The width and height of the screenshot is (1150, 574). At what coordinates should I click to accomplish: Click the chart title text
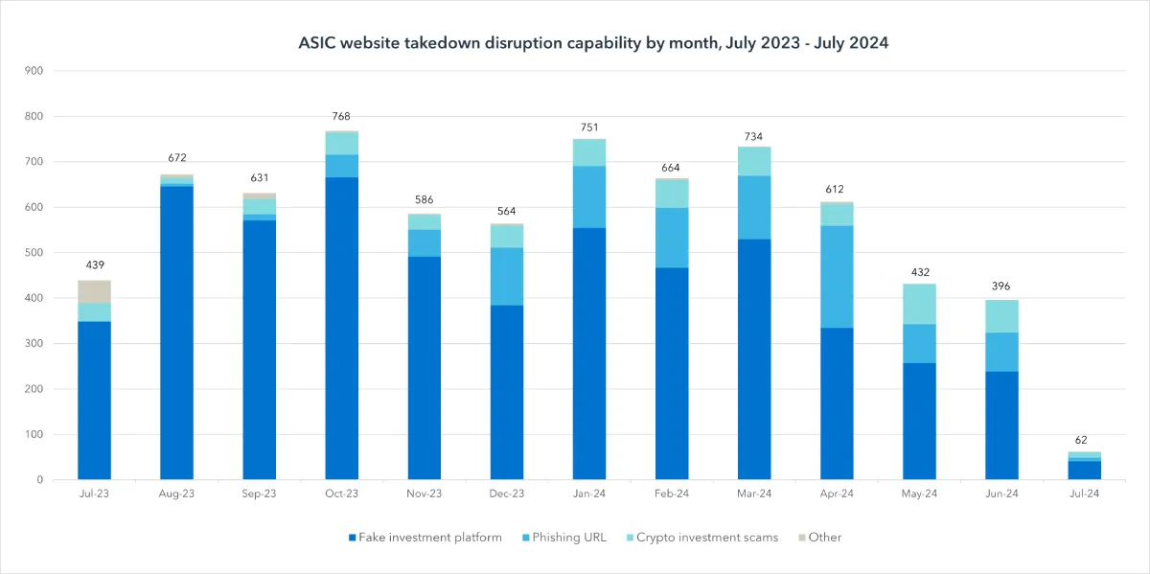tap(593, 42)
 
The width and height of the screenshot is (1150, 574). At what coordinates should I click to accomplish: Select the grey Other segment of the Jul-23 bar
tap(95, 291)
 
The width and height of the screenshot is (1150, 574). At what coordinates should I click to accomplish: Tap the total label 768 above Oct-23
tap(341, 116)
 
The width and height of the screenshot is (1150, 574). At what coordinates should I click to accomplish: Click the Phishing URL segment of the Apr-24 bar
tap(837, 277)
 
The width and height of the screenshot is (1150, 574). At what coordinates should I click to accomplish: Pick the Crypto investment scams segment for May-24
tap(919, 304)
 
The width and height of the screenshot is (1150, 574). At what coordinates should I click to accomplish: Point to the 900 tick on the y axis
tap(34, 71)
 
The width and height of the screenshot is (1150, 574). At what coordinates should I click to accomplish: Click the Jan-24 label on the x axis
tap(589, 494)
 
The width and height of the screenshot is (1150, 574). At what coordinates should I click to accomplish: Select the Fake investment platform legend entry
tap(425, 537)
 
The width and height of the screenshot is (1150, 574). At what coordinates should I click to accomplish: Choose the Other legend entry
tap(820, 537)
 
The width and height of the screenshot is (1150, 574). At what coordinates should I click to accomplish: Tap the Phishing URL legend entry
tap(564, 537)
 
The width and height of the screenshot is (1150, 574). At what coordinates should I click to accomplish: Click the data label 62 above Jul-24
tap(1081, 440)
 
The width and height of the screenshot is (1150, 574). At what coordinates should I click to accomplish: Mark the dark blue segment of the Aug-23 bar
tap(176, 333)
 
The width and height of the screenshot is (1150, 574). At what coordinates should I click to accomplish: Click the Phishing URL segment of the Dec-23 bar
tap(507, 277)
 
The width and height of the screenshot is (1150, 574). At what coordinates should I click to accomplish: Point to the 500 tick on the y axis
tap(34, 253)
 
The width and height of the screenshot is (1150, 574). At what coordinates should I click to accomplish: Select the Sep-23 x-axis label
tap(260, 494)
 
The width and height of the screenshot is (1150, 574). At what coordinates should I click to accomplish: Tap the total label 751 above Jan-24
tap(589, 127)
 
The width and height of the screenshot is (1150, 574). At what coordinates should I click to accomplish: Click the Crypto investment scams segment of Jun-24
tap(1001, 316)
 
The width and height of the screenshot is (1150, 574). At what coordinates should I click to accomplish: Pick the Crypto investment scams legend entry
tap(702, 537)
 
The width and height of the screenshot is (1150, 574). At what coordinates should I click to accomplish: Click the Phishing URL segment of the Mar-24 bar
tap(754, 208)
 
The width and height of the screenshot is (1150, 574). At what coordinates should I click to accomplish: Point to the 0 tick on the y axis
tap(40, 480)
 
